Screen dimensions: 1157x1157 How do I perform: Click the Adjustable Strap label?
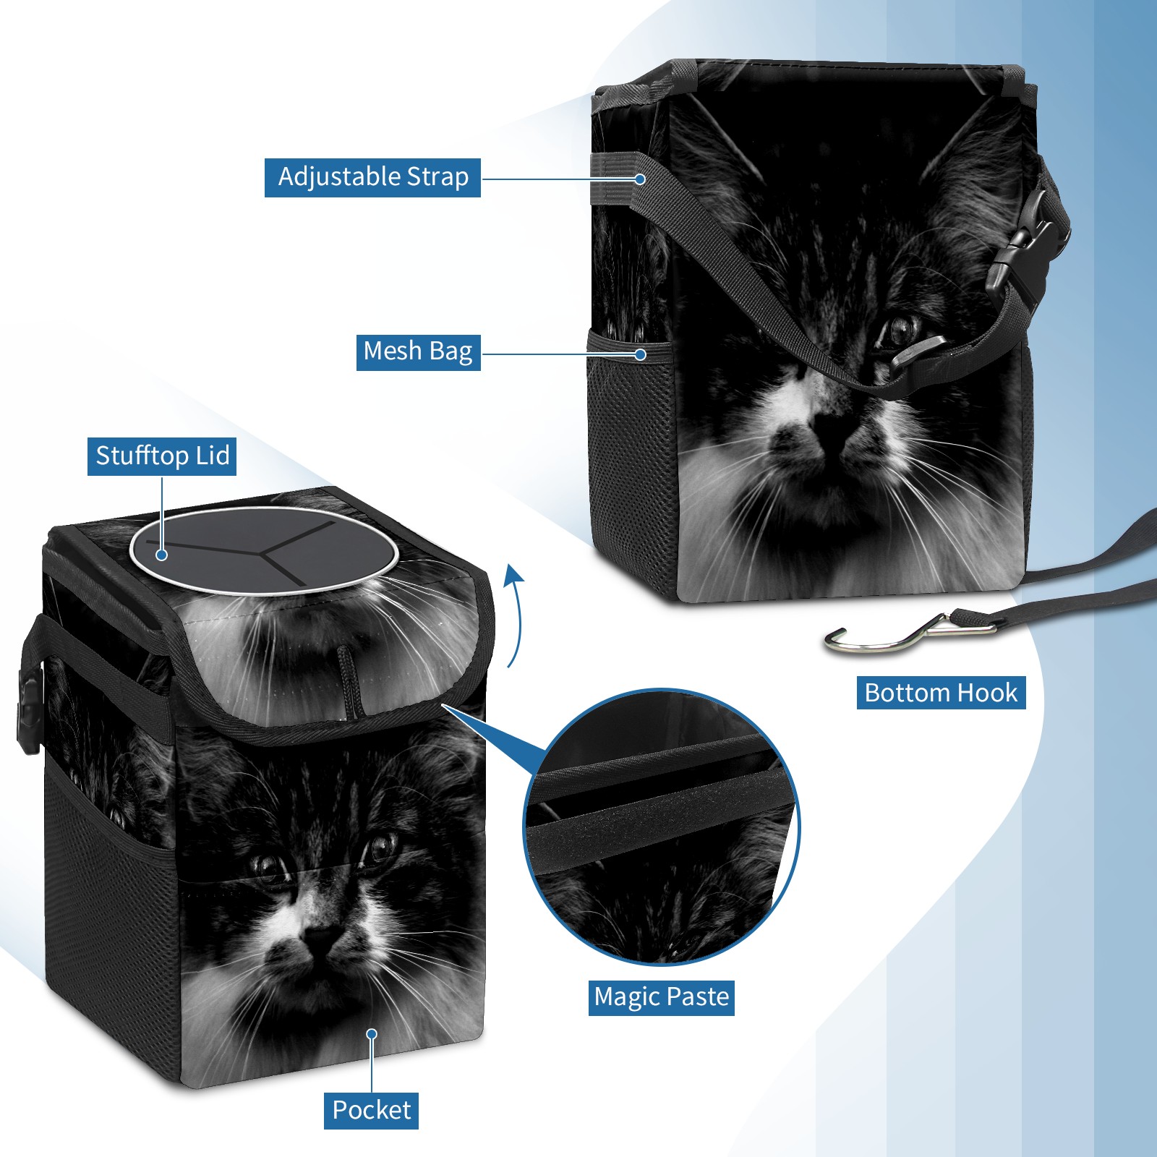pos(372,177)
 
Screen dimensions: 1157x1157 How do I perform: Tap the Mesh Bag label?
pos(418,352)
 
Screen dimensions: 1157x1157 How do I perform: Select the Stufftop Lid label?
pos(162,456)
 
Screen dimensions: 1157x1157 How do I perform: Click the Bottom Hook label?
pos(941,693)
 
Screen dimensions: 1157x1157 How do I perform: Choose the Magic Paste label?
pos(661,997)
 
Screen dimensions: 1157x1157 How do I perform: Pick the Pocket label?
pos(371,1110)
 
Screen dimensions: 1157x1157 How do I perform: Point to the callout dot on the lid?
pos(162,555)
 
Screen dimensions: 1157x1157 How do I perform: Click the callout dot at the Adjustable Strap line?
pos(640,179)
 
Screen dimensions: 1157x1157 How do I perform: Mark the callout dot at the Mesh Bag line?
pos(640,354)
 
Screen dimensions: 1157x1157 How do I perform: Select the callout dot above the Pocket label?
pos(372,1034)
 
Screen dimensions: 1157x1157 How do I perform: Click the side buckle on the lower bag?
pos(29,709)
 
